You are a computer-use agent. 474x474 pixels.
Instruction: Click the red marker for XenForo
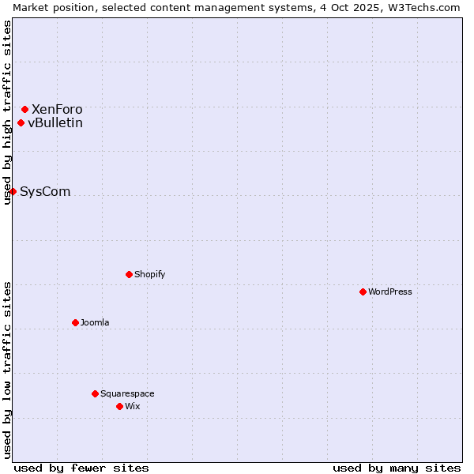pyautogui.click(x=24, y=109)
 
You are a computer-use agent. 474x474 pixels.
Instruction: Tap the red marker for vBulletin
pyautogui.click(x=21, y=122)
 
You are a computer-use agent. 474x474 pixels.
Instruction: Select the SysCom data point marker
pyautogui.click(x=13, y=191)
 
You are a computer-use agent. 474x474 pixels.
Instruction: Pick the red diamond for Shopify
pyautogui.click(x=129, y=274)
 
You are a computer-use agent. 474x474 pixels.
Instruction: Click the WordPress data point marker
pyautogui.click(x=363, y=292)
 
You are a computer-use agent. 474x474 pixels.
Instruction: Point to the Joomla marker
pyautogui.click(x=75, y=322)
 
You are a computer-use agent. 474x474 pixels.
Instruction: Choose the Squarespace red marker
pyautogui.click(x=95, y=393)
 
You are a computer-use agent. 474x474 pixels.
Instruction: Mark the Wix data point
pyautogui.click(x=119, y=406)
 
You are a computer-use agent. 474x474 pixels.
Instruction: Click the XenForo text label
pyautogui.click(x=57, y=109)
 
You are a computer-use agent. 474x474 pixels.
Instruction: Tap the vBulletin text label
pyautogui.click(x=55, y=122)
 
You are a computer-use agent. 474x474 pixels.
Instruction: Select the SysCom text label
pyautogui.click(x=45, y=191)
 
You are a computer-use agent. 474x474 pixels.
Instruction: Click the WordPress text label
pyautogui.click(x=390, y=292)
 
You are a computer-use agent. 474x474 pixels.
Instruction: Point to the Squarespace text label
pyautogui.click(x=127, y=393)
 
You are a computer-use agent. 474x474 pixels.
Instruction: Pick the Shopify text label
pyautogui.click(x=150, y=274)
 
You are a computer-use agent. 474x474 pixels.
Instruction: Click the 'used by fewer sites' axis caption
pyautogui.click(x=81, y=468)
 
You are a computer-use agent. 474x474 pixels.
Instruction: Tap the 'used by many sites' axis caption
pyautogui.click(x=397, y=468)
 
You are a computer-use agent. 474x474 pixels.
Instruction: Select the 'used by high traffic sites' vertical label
pyautogui.click(x=7, y=112)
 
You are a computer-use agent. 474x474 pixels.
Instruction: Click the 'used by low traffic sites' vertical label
pyautogui.click(x=7, y=370)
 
